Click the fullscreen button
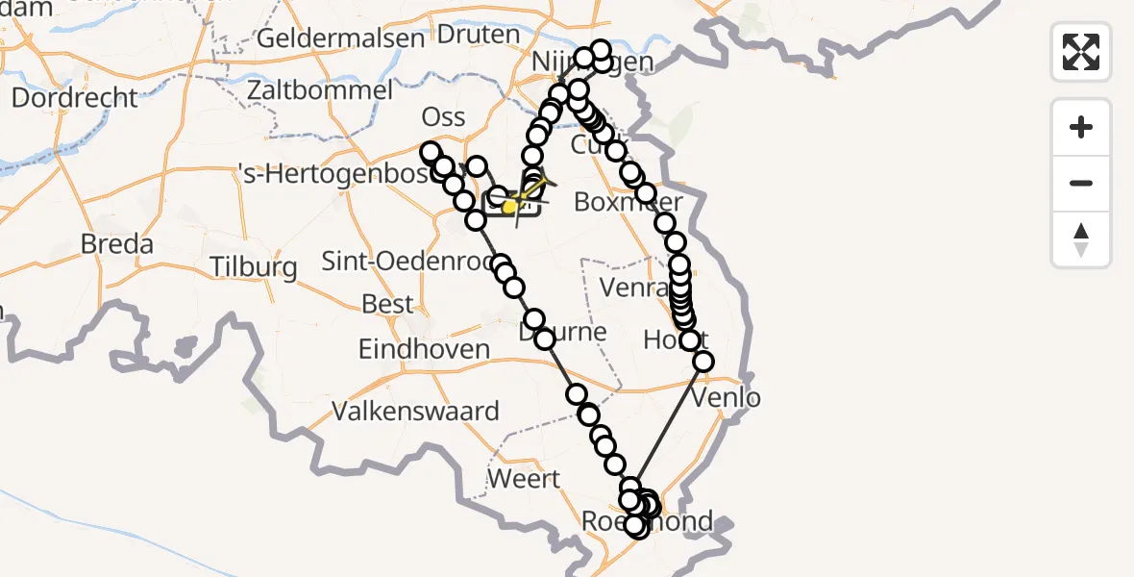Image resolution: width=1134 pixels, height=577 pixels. point(1081,52)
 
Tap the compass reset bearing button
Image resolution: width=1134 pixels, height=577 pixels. point(1081,239)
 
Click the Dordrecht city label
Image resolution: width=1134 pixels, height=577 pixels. point(75,97)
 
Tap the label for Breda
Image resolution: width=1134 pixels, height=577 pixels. point(116,244)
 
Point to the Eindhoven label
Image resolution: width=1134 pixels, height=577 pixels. point(424,349)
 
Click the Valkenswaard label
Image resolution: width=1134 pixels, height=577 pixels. point(415,412)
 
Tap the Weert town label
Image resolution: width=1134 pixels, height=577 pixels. point(524,478)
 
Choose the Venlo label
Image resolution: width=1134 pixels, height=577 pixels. point(731,397)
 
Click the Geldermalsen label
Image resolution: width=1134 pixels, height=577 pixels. point(341,39)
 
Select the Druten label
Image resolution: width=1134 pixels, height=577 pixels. point(478,35)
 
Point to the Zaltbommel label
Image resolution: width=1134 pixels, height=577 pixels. point(319,90)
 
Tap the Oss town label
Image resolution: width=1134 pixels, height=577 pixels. point(443,117)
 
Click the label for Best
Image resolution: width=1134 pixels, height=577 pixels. point(387,305)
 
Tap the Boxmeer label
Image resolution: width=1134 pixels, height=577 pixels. point(628,202)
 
